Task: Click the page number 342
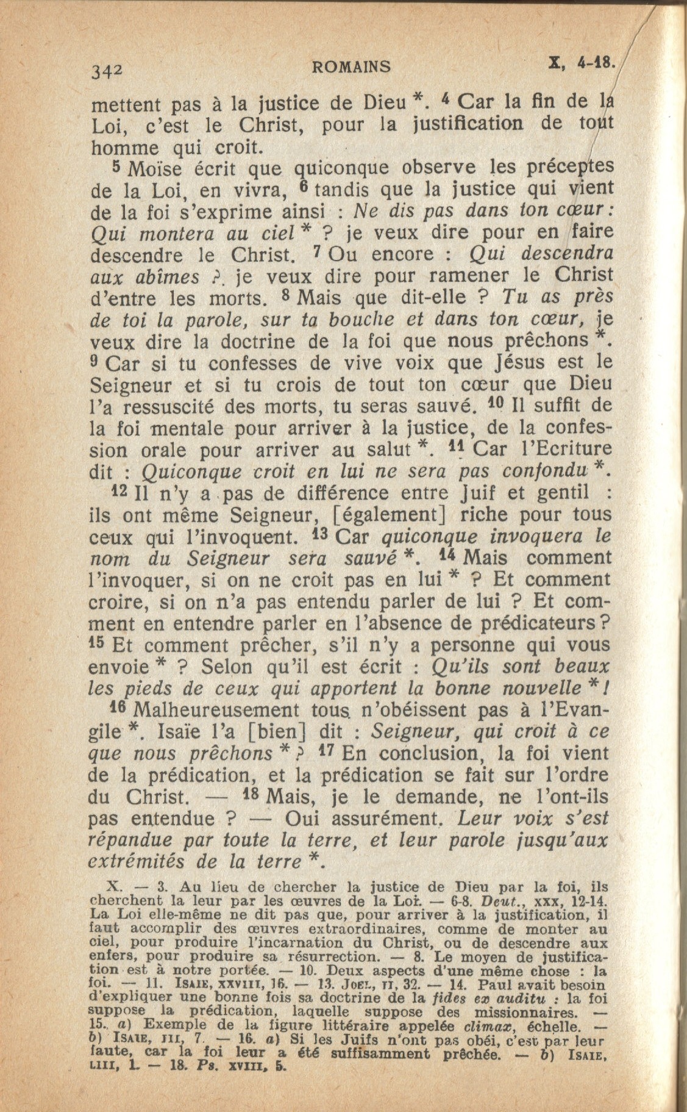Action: tap(107, 71)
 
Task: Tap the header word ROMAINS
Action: tap(351, 66)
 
